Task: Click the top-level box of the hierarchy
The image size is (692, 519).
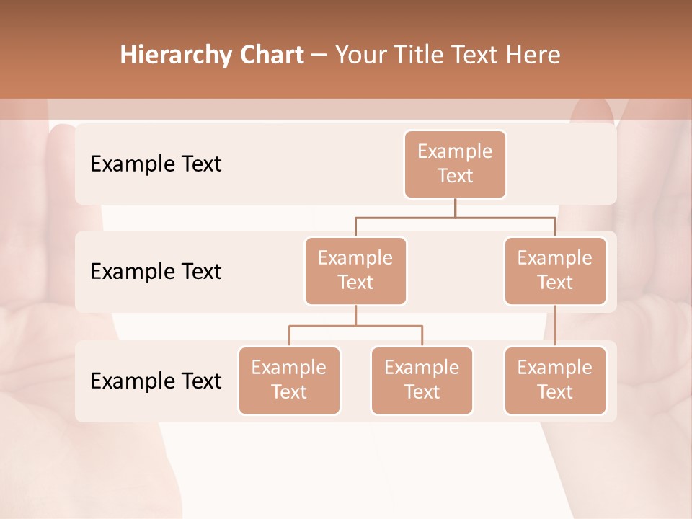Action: [455, 164]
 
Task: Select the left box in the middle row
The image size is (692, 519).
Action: [355, 270]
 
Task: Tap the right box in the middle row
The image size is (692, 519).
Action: [555, 270]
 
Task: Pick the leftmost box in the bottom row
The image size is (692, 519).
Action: [289, 380]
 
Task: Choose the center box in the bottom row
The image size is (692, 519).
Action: [422, 380]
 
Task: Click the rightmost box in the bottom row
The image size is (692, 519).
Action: [555, 380]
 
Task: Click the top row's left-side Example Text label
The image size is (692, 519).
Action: [156, 164]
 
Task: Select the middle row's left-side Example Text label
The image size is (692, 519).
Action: [156, 271]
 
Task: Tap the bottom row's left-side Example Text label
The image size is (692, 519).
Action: [156, 381]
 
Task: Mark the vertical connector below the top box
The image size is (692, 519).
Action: [455, 208]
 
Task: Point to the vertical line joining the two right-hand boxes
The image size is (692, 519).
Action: [555, 326]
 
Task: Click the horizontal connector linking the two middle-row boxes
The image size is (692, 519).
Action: [455, 217]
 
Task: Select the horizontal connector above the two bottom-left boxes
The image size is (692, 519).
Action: [355, 326]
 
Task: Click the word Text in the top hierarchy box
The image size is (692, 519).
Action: [455, 176]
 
